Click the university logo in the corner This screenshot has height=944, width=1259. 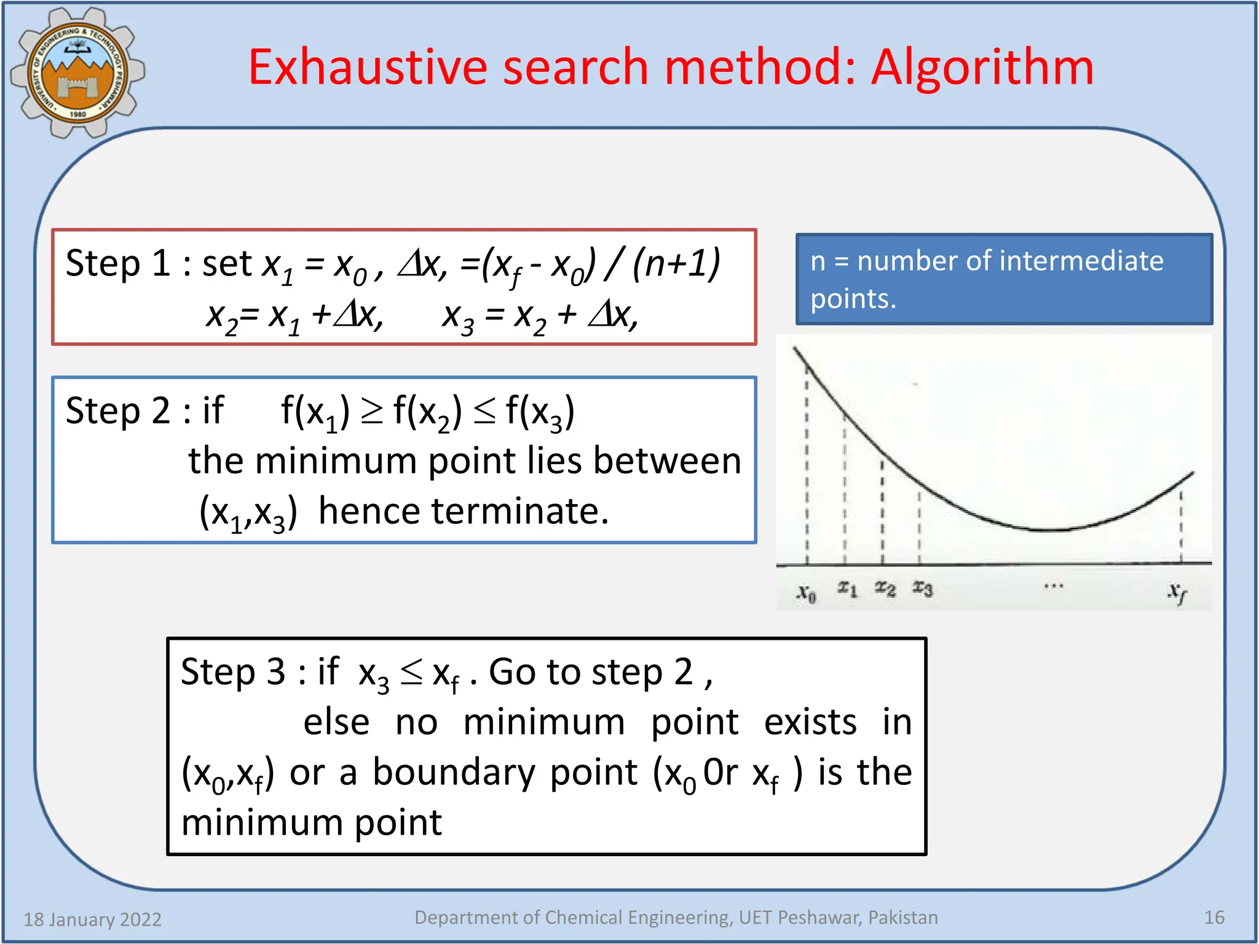77,73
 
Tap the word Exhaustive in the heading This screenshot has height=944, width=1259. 367,68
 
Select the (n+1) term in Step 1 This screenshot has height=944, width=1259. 676,263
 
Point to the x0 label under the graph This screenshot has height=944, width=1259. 806,594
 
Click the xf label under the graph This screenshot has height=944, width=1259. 1177,593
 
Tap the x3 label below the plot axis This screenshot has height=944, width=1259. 922,589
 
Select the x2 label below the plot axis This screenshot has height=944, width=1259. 885,589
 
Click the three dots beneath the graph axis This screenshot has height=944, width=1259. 1053,586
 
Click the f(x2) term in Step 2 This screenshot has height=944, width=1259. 427,412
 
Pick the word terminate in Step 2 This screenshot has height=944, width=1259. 519,511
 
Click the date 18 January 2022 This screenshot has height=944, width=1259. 92,919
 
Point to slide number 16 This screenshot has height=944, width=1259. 1214,918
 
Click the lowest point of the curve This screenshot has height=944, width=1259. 1045,529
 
